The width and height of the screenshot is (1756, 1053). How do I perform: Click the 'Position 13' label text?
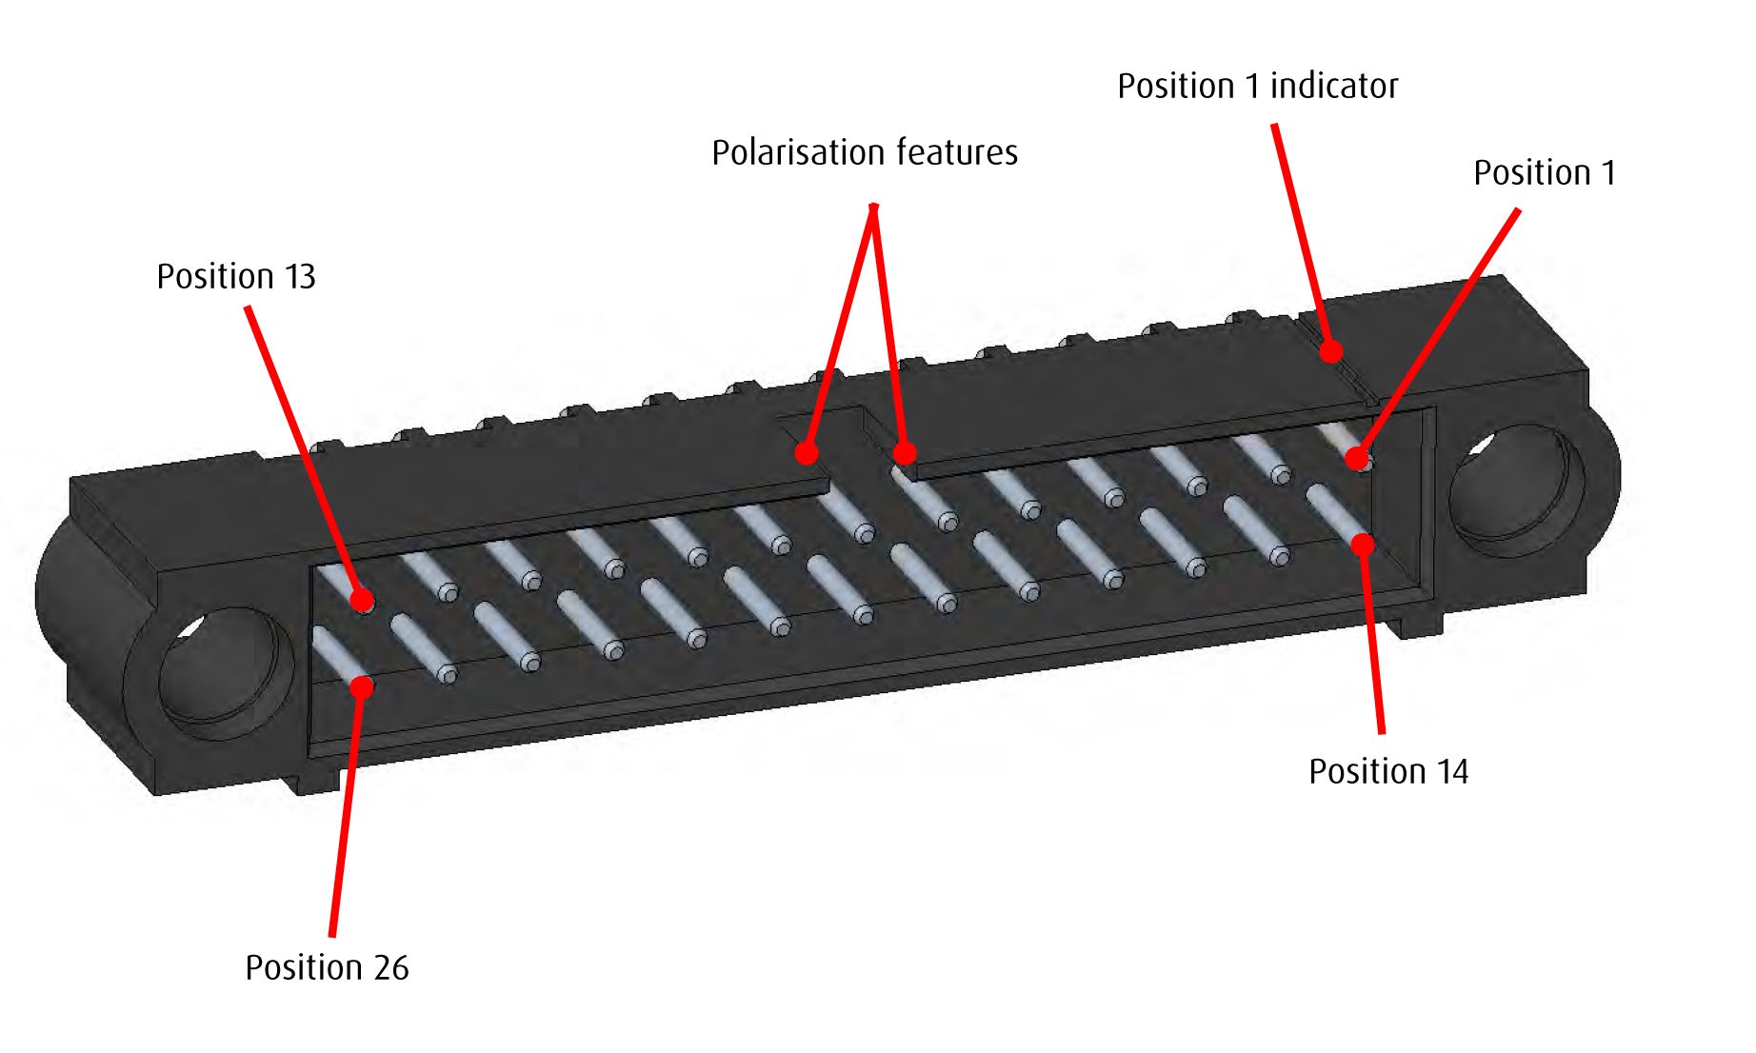[x=235, y=276]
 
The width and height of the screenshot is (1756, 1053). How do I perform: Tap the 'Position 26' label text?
[x=327, y=967]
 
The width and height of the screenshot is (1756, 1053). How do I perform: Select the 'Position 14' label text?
[x=1387, y=771]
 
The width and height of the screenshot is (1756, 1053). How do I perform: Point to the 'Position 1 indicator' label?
[x=1257, y=86]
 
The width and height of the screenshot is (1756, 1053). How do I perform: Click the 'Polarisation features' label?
[x=865, y=152]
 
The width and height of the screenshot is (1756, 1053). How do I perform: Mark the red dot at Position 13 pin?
[x=362, y=599]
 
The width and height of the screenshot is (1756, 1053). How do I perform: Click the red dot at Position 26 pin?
[x=362, y=685]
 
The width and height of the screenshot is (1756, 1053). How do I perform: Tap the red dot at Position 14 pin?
[x=1364, y=544]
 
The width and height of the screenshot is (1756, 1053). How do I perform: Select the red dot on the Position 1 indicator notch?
[x=1331, y=351]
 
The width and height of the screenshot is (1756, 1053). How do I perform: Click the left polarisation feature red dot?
[x=807, y=452]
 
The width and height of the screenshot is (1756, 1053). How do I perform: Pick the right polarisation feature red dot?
[x=905, y=452]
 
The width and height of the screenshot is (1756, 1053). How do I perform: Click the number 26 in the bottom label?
[x=390, y=967]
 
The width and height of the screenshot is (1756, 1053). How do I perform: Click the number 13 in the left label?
[x=299, y=276]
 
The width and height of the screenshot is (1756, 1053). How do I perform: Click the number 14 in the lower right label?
[x=1451, y=771]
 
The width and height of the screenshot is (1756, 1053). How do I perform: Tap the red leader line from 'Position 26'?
[x=346, y=809]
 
